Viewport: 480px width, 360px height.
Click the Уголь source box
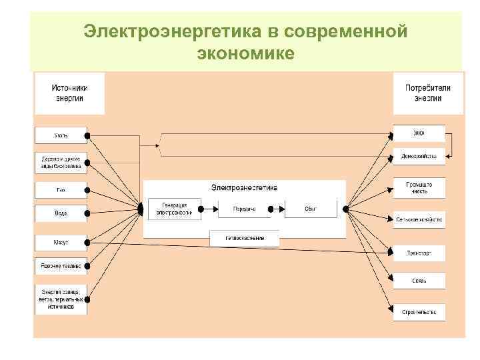tap(61, 135)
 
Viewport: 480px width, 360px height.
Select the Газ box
tap(61, 190)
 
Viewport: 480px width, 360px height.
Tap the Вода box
tap(61, 213)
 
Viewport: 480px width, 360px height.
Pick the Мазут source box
tap(61, 242)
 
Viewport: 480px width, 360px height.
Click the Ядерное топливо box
tap(61, 266)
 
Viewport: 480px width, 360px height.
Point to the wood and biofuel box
tap(61, 162)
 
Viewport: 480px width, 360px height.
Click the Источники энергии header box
tap(69, 93)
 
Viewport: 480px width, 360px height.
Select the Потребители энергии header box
tap(427, 93)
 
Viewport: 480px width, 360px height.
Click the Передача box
tap(240, 209)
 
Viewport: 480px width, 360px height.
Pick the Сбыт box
tap(310, 209)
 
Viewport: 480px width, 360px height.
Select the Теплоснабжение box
tap(245, 237)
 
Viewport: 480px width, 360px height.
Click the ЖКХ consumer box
tap(419, 134)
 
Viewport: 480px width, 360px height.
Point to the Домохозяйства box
tap(419, 157)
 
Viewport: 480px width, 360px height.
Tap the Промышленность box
tap(419, 187)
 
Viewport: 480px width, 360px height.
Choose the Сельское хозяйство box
tap(419, 219)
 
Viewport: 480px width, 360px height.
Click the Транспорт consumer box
tap(419, 253)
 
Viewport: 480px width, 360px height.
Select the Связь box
tap(419, 281)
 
